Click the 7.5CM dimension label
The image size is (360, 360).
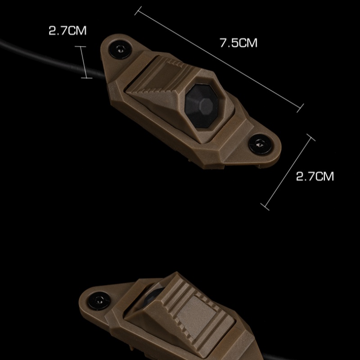click(238, 43)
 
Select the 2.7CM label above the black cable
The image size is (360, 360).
click(68, 31)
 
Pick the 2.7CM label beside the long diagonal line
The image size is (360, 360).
click(315, 176)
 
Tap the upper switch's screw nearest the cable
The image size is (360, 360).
click(120, 49)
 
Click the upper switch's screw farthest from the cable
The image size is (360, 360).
click(261, 144)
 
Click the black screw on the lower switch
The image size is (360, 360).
click(99, 301)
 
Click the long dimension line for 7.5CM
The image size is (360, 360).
click(219, 59)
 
